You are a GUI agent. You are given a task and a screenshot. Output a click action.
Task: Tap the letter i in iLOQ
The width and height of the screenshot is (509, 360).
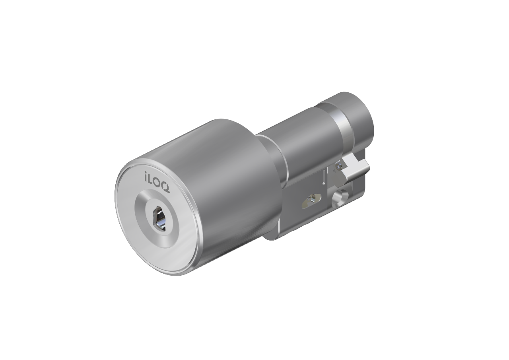click(146, 176)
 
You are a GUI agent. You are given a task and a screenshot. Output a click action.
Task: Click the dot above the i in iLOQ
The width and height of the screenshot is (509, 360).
click(146, 173)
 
